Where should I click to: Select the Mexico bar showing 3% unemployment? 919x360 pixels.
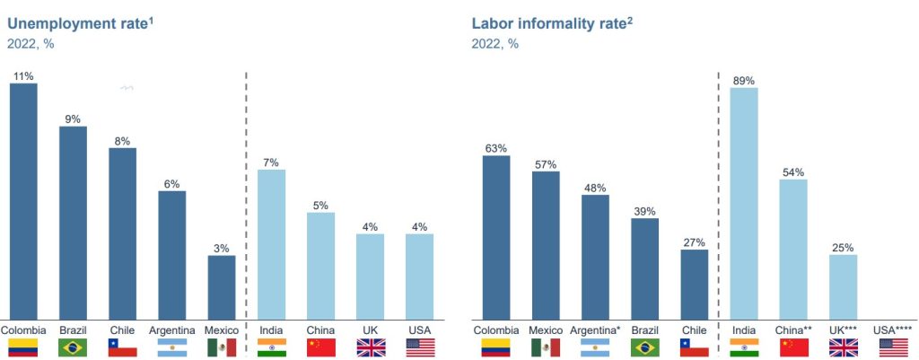[x=222, y=285]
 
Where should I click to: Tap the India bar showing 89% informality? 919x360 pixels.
[x=744, y=201]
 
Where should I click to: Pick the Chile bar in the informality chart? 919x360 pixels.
[x=694, y=283]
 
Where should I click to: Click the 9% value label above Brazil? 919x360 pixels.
[x=73, y=119]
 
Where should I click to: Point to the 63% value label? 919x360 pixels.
[x=495, y=148]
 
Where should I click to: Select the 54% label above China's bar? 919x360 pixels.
[x=793, y=172]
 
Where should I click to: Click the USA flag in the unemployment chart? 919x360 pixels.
[x=419, y=348]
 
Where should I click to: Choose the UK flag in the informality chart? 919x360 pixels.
[x=843, y=348]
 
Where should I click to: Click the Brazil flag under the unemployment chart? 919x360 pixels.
[x=73, y=348]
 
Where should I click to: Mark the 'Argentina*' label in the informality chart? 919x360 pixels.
[x=595, y=330]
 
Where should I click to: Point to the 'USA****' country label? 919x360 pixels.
[x=892, y=330]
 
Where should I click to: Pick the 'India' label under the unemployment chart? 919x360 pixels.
[x=271, y=330]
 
